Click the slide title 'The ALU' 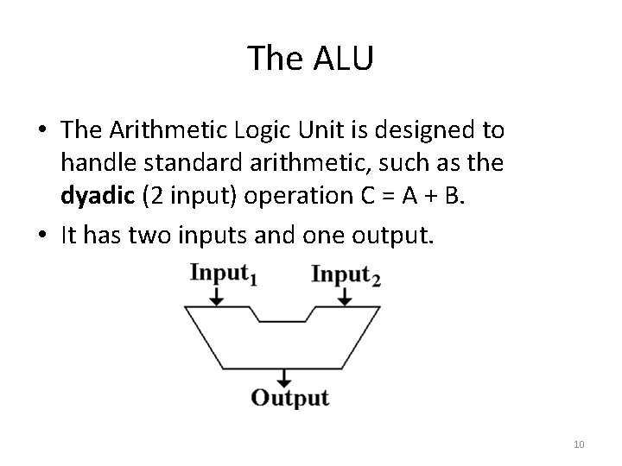point(311,59)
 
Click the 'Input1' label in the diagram point(223,275)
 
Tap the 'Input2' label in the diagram point(346,275)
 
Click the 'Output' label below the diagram point(289,398)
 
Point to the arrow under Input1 point(217,295)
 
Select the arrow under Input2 point(345,295)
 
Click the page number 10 point(579,444)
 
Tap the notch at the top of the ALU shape point(282,316)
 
